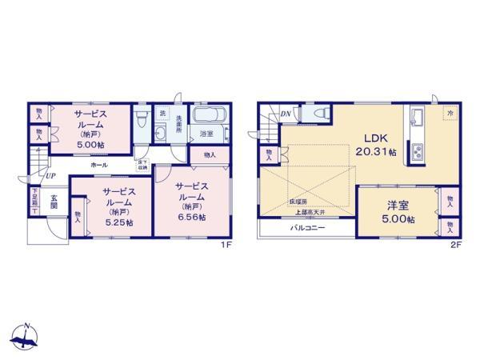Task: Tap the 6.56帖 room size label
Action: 191,217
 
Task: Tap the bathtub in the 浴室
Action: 210,115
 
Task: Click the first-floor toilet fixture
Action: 142,122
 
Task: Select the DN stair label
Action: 286,114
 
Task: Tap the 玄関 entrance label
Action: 54,202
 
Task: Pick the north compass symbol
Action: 26,336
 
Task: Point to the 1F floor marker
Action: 228,245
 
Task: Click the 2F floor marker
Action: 456,245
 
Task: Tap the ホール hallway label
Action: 100,164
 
